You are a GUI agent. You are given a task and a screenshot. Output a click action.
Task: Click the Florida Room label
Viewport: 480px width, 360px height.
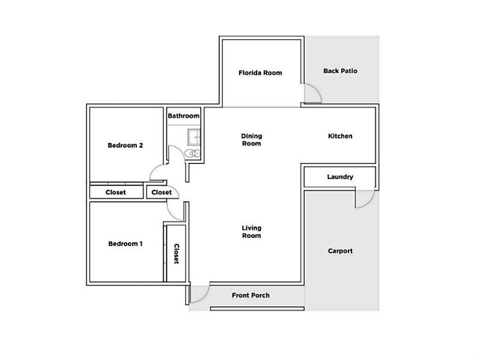(x=260, y=73)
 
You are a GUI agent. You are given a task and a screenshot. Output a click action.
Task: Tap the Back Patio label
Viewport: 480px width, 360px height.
(x=340, y=71)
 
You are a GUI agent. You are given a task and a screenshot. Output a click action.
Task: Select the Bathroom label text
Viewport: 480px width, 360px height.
(x=183, y=116)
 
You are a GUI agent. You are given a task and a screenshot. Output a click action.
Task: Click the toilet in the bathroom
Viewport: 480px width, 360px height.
(x=193, y=153)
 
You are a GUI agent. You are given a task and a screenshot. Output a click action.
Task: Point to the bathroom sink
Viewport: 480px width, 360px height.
(x=194, y=137)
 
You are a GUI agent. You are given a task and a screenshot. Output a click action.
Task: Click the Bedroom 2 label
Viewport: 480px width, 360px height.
(x=125, y=145)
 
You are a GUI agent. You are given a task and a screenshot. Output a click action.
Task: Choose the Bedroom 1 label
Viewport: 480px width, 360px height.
(x=125, y=244)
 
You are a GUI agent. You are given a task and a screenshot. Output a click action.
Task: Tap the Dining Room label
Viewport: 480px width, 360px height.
(x=251, y=140)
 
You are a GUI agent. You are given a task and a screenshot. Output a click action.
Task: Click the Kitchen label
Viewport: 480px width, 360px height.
(x=340, y=136)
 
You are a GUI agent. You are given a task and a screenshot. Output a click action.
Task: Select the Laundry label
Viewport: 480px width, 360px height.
(x=340, y=177)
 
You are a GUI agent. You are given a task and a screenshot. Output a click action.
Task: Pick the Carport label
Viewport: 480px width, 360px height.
(x=340, y=251)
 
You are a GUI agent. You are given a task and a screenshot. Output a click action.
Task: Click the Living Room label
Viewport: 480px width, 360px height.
(x=251, y=232)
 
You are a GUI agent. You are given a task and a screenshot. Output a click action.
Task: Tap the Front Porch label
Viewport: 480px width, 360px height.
(x=251, y=296)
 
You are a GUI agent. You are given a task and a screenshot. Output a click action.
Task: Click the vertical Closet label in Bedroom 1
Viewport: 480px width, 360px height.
(x=177, y=254)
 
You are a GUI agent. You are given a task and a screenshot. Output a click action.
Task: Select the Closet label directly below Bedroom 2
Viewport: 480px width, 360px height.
(x=115, y=192)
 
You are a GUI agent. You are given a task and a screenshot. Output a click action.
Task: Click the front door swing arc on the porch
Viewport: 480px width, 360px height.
(x=204, y=297)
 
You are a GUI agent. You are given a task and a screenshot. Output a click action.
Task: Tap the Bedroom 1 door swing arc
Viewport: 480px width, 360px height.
(x=171, y=214)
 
